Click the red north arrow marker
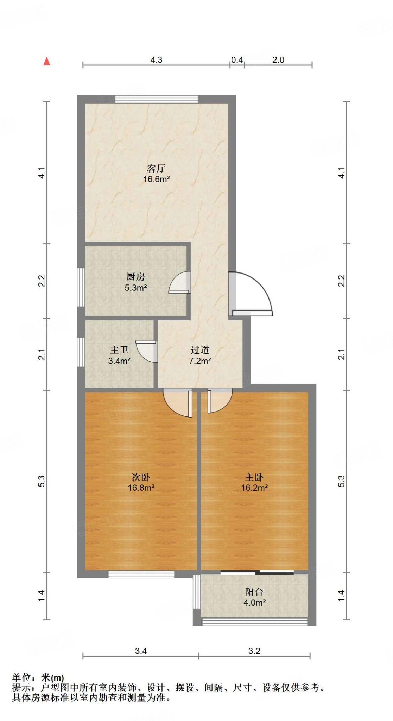pos(46,61)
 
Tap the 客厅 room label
pos(156,168)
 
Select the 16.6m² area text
pos(156,179)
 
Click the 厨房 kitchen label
pos(135,277)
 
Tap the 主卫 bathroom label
pos(119,350)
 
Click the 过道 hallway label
pos(200,350)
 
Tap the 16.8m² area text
pos(141,488)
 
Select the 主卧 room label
pos(254,477)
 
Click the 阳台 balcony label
pos(254,592)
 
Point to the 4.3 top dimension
pos(156,60)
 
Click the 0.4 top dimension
pos(237,60)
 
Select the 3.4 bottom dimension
pos(141,651)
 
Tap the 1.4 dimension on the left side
pos(42,596)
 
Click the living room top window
pos(157,99)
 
